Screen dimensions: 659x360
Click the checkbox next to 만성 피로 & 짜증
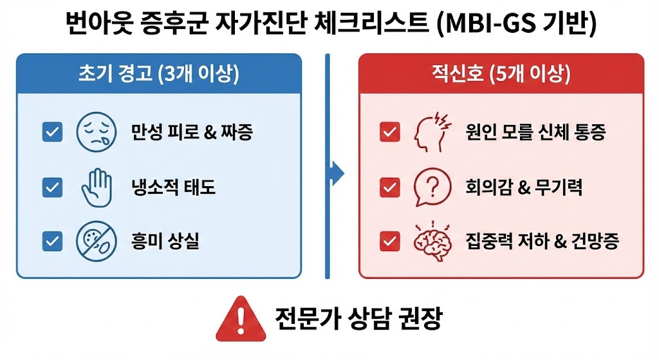point(51,133)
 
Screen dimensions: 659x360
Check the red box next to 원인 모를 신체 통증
point(389,133)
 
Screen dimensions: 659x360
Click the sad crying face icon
point(93,133)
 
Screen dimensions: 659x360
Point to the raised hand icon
point(93,187)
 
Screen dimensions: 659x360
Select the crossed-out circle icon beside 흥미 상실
point(93,241)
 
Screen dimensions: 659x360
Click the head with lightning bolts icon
point(429,131)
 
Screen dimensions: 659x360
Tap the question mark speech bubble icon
point(429,187)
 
